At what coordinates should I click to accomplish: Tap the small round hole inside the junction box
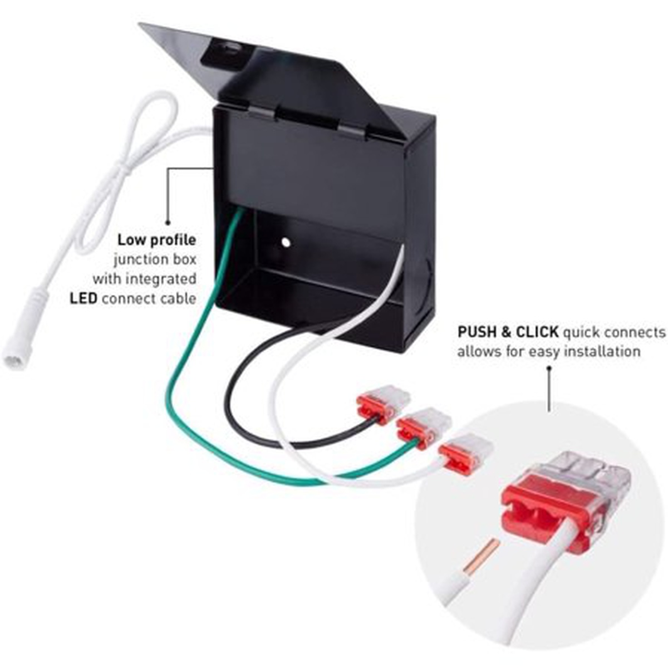[x=286, y=243]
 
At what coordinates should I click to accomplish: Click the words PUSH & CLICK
[x=508, y=332]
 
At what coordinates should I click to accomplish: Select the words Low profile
[x=156, y=240]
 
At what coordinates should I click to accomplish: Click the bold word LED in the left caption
[x=83, y=298]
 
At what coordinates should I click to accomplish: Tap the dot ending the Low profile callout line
[x=168, y=220]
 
